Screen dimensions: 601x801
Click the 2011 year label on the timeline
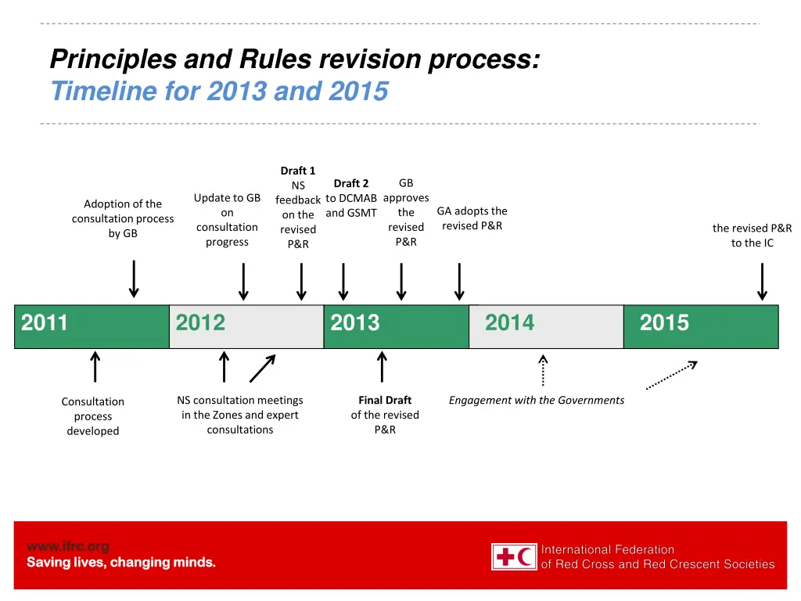(45, 323)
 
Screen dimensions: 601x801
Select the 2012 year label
(200, 323)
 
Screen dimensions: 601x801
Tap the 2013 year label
(354, 323)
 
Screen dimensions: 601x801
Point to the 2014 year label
(509, 323)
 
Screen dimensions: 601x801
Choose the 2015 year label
(664, 323)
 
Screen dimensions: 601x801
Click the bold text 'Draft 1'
(298, 171)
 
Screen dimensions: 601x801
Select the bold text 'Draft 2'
(351, 184)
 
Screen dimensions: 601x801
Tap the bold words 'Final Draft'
(385, 400)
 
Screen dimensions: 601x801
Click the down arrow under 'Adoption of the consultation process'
(135, 279)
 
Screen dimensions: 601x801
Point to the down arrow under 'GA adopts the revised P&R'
(459, 282)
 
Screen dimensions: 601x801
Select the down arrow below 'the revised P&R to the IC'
(762, 282)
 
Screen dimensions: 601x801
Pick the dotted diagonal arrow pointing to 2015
(671, 375)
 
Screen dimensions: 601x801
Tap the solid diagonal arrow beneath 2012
(262, 369)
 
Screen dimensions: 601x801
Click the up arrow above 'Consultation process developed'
(95, 367)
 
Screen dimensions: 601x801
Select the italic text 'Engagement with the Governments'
(536, 401)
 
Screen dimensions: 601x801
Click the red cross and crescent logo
(514, 556)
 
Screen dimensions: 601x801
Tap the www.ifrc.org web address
(68, 546)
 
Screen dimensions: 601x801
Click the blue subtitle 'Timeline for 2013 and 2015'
(219, 92)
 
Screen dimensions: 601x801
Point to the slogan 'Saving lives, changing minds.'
(121, 563)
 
